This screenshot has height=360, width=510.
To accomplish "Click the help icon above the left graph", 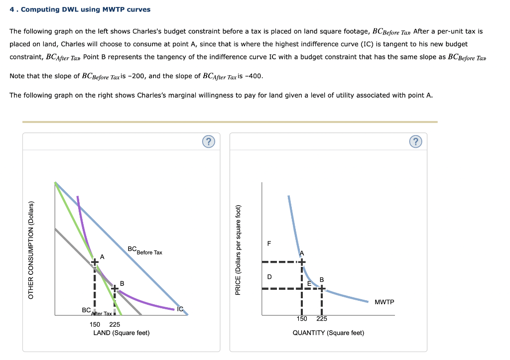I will [209, 142].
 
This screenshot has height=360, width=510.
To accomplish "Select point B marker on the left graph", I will [115, 288].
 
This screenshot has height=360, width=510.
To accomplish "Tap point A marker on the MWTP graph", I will [301, 261].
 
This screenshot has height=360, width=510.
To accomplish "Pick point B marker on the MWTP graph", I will [322, 288].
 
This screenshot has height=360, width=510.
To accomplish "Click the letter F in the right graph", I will [269, 243].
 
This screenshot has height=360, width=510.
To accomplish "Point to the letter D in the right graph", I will [269, 276].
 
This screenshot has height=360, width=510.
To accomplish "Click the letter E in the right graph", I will [309, 283].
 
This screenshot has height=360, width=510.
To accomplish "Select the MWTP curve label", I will [384, 302].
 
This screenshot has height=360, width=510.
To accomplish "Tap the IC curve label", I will [180, 309].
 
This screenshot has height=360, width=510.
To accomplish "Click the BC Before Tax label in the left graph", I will [144, 250].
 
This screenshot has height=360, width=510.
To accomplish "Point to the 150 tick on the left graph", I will [95, 324].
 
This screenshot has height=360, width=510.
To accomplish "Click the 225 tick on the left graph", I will [115, 324].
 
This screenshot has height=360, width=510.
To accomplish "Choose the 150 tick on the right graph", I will [302, 319].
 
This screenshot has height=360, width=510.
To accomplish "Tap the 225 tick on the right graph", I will [322, 319].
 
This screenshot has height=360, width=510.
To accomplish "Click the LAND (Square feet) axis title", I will [122, 333].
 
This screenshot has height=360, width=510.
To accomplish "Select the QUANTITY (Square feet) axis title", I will [328, 333].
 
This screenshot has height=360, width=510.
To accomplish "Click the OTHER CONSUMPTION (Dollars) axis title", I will [31, 250].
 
